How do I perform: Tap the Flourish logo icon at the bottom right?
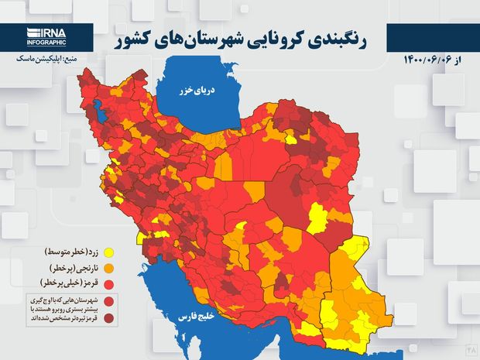[x=471, y=350]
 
